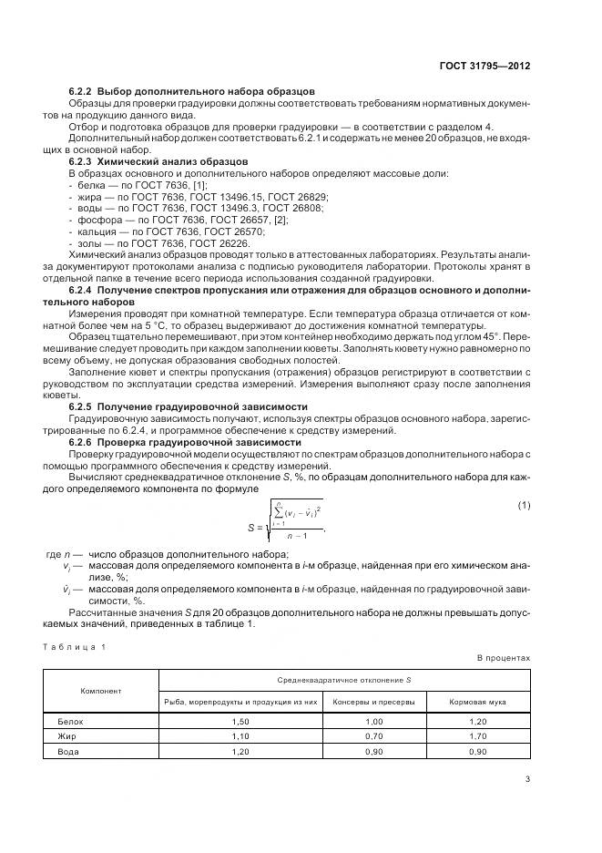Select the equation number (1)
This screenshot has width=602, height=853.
point(524,505)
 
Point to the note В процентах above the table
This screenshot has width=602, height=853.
point(503,657)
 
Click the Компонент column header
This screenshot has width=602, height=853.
point(101,691)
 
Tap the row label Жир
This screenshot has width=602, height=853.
point(66,735)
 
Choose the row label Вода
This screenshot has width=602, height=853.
point(68,751)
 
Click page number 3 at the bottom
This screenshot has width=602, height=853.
point(527,778)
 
